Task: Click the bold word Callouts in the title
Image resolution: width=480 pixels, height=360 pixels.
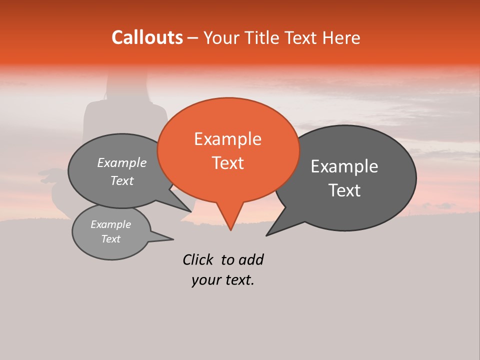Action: [x=147, y=37]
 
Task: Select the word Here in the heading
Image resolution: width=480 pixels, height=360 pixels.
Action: [x=341, y=37]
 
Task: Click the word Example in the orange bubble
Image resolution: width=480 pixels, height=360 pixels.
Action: [x=227, y=139]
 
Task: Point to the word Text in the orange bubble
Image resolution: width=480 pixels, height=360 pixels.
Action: [x=227, y=163]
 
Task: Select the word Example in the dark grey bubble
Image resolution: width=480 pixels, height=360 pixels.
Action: [x=344, y=166]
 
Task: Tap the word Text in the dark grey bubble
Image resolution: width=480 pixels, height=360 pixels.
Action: [x=344, y=190]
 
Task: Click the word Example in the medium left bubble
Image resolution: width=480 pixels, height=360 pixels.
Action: [x=121, y=162]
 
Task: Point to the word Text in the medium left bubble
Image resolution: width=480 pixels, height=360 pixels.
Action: [x=121, y=180]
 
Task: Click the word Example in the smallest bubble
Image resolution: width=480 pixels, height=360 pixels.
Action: [x=110, y=224]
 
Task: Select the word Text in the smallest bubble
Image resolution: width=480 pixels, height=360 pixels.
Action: [x=110, y=239]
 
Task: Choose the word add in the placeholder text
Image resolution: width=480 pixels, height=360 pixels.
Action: [x=251, y=259]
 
